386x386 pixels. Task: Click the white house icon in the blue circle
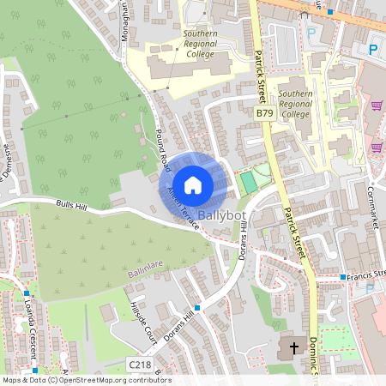click(x=193, y=184)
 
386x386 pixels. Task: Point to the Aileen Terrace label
click(x=185, y=206)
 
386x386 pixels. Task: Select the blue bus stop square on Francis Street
click(x=342, y=277)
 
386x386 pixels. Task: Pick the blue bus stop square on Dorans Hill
click(x=197, y=307)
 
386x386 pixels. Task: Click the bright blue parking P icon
click(x=373, y=50)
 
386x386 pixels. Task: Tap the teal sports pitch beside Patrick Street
click(x=248, y=182)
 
